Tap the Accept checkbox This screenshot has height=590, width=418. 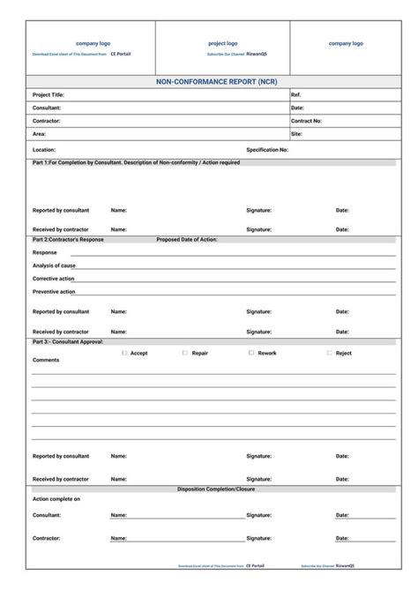tap(124, 353)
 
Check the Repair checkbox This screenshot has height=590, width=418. tap(185, 353)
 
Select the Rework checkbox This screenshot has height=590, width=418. tap(251, 353)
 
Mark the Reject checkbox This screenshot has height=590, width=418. tap(329, 353)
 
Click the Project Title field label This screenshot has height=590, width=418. tap(49, 94)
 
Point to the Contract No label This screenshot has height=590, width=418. tap(306, 121)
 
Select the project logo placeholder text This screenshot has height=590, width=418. tap(222, 43)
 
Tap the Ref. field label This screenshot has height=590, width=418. tap(296, 94)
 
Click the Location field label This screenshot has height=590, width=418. tap(44, 150)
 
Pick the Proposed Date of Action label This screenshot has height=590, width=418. tap(187, 239)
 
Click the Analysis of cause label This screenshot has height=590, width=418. tap(54, 265)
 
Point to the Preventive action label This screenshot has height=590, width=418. tap(54, 291)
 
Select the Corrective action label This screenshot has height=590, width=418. tap(54, 279)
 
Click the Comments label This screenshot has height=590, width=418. tap(46, 360)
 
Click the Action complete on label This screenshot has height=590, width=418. tap(56, 499)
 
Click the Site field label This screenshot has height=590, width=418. tap(296, 134)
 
